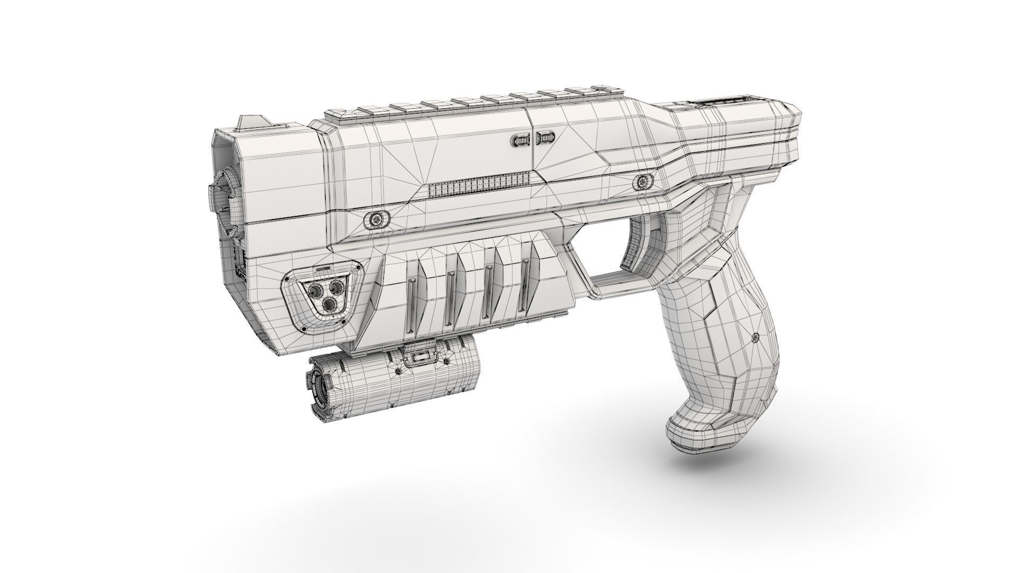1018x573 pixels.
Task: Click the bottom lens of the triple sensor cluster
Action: pos(329,303)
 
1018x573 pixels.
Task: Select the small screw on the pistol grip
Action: pos(755,336)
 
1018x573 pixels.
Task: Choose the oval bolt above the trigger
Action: pos(642,182)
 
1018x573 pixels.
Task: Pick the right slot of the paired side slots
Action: pos(546,139)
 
